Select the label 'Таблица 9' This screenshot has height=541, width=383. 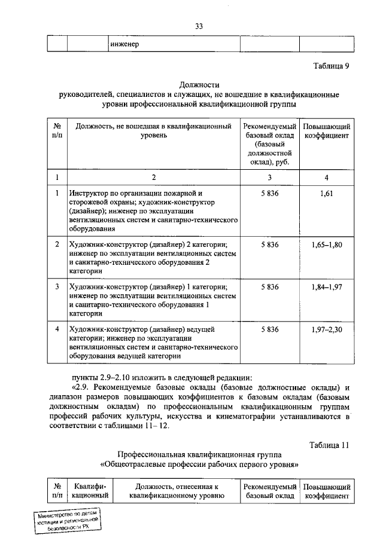click(x=331, y=66)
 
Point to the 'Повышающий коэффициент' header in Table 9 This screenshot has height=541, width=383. click(x=326, y=132)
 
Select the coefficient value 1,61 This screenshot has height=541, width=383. click(x=326, y=194)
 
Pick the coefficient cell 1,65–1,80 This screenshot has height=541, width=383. click(x=326, y=245)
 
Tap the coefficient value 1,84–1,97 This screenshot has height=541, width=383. click(x=326, y=287)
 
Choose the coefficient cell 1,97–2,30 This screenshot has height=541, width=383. click(x=326, y=329)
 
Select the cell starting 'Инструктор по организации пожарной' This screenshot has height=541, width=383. click(x=153, y=210)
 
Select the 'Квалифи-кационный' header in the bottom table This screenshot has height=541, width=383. click(x=89, y=491)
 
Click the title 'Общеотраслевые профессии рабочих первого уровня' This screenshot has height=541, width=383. click(x=199, y=464)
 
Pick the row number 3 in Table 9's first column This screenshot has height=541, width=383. click(x=57, y=287)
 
